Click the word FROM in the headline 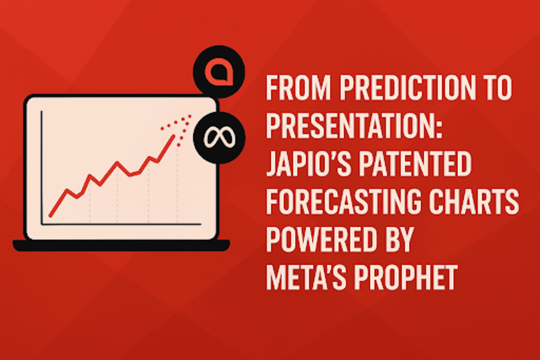[298, 88]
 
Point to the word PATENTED [415, 164]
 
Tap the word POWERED [321, 239]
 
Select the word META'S [306, 277]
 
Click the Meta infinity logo [219, 138]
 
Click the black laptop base [121, 245]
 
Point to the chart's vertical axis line [42, 168]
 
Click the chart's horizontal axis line [121, 224]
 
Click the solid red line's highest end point [173, 137]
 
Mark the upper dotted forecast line [176, 122]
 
